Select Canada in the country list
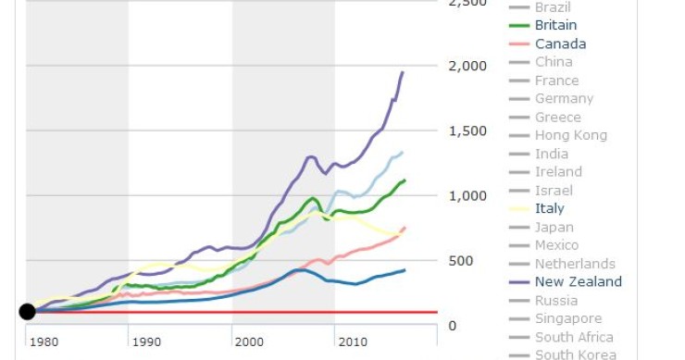[x=560, y=43]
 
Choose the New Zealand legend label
[x=579, y=281]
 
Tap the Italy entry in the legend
[x=550, y=208]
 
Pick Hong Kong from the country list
[x=571, y=135]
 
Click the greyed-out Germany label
[x=564, y=99]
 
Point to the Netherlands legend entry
[x=575, y=264]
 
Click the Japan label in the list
[x=554, y=227]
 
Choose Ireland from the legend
[x=558, y=172]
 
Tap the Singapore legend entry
[x=567, y=318]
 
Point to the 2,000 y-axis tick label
[x=467, y=67]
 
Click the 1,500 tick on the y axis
[x=467, y=131]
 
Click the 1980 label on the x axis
[x=43, y=342]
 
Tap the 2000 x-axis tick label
[x=249, y=342]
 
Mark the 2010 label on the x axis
[x=352, y=342]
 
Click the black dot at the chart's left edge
[x=27, y=312]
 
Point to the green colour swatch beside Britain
[x=518, y=26]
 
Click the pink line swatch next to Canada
[x=518, y=43]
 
